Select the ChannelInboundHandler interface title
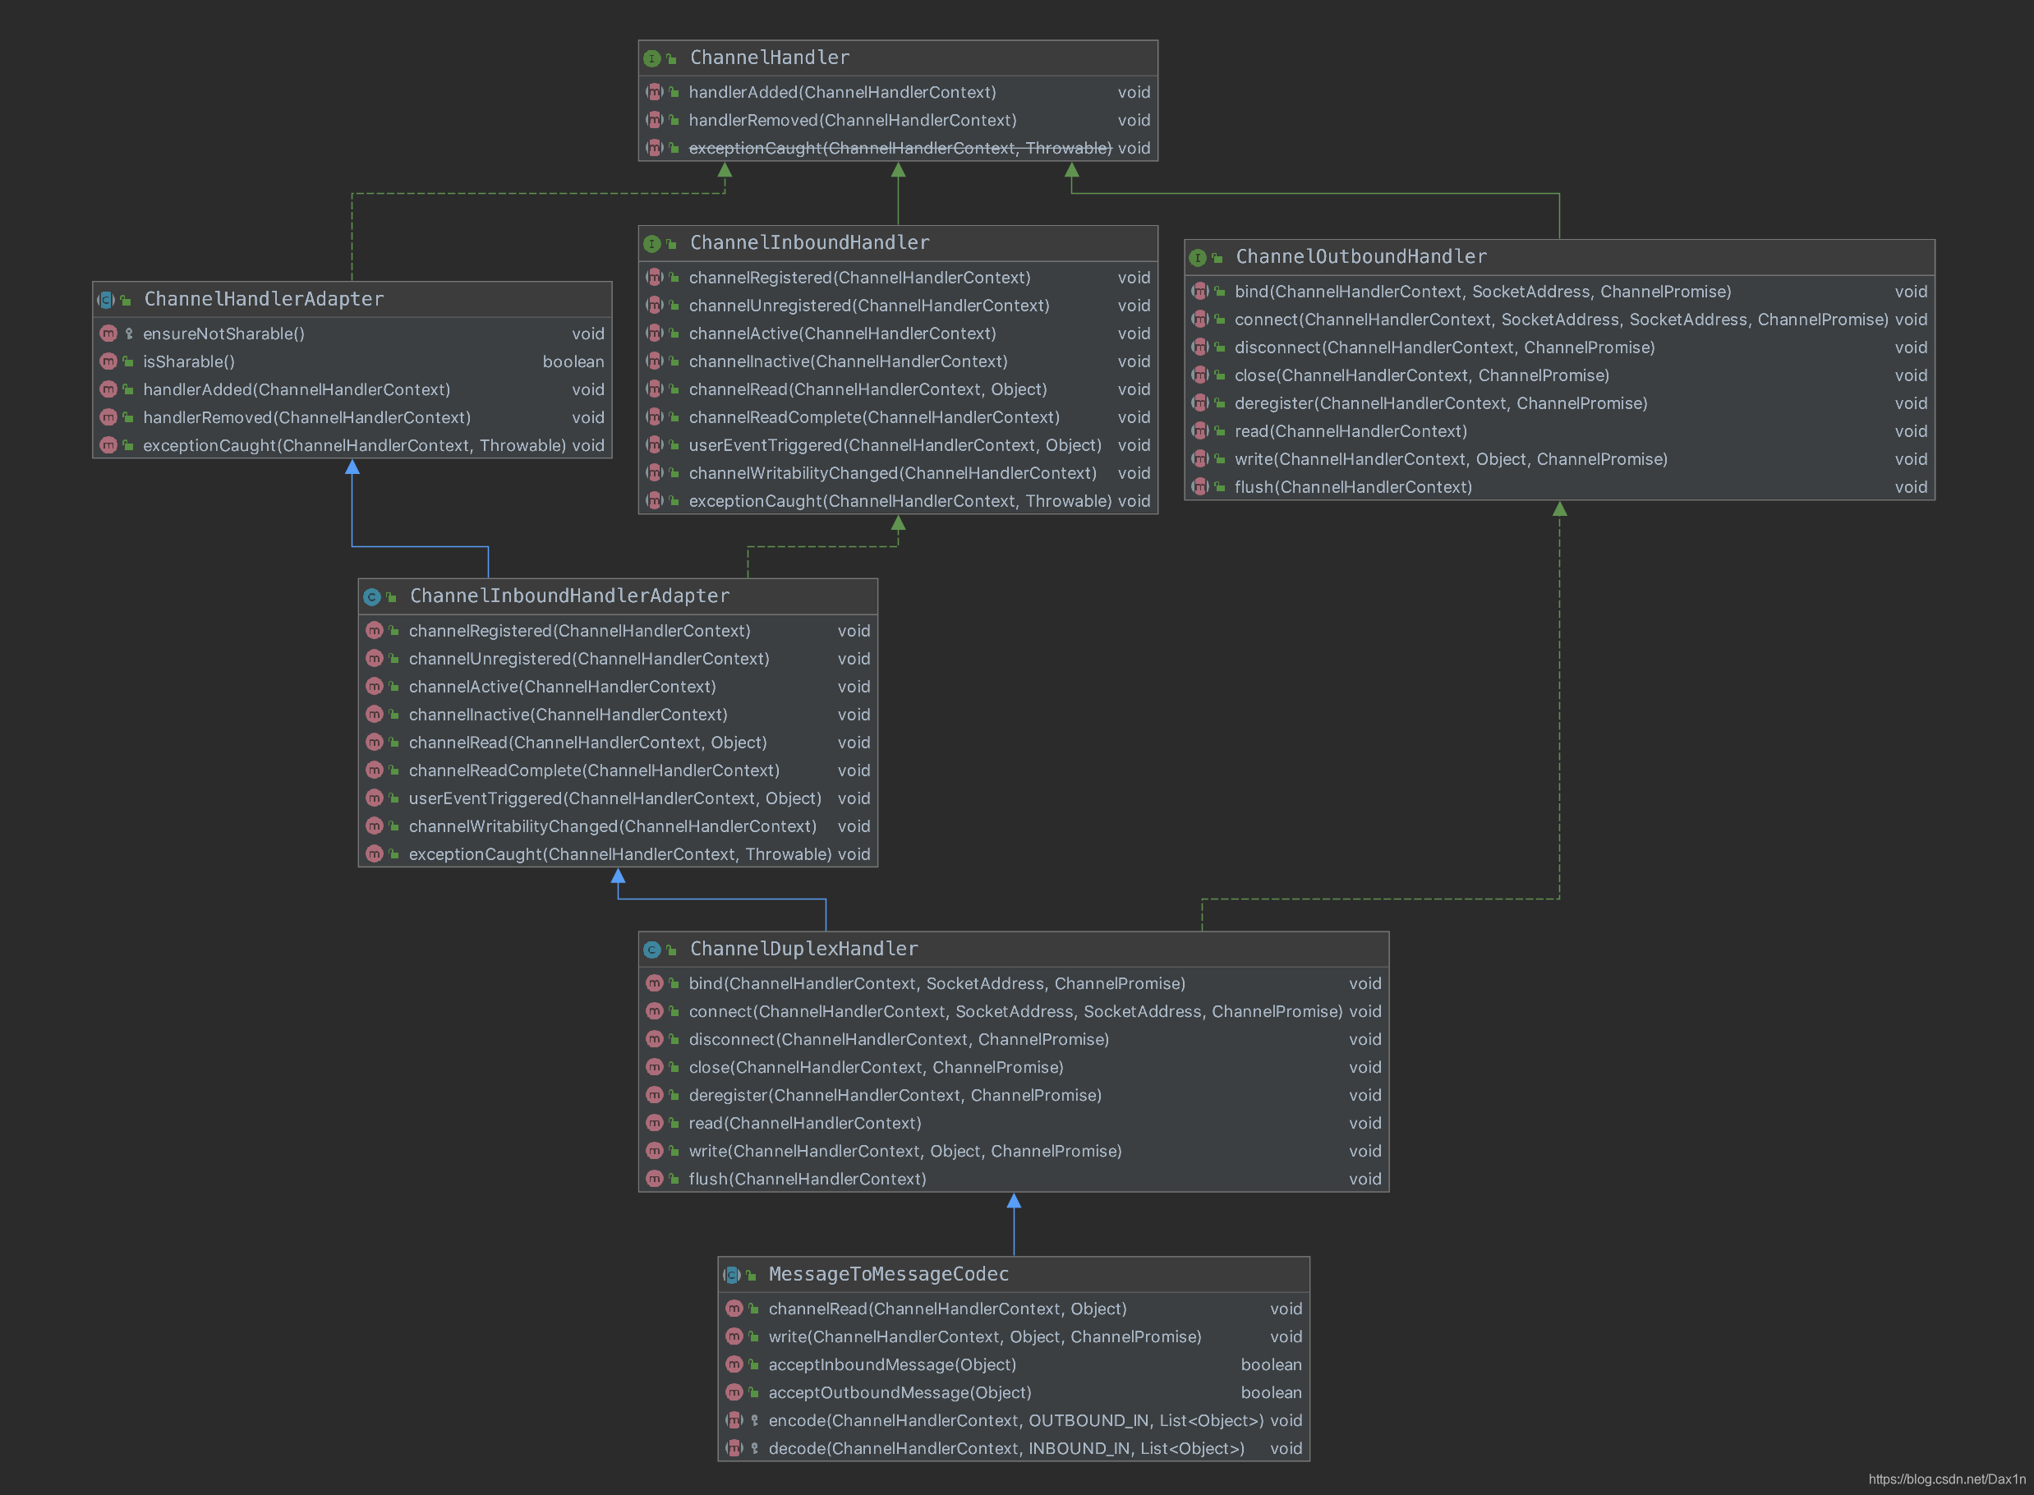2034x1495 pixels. click(809, 242)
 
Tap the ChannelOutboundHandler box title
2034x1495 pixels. click(1361, 257)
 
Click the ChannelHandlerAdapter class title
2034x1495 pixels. click(264, 300)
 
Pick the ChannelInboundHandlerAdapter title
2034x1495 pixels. click(569, 596)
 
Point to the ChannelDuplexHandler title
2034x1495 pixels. click(803, 950)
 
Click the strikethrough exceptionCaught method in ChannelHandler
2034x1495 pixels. click(900, 149)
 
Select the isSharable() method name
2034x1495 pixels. click(189, 362)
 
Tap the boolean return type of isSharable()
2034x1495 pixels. click(573, 362)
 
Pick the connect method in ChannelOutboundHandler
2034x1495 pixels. click(1561, 320)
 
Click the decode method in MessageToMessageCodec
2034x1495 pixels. click(1005, 1449)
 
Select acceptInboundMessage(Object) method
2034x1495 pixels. click(892, 1364)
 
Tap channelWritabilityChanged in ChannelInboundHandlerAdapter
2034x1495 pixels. click(612, 826)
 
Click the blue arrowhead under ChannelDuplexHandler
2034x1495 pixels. click(1015, 1201)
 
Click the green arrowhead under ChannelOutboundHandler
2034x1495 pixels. click(1560, 509)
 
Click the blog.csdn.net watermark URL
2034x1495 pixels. click(1946, 1479)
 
